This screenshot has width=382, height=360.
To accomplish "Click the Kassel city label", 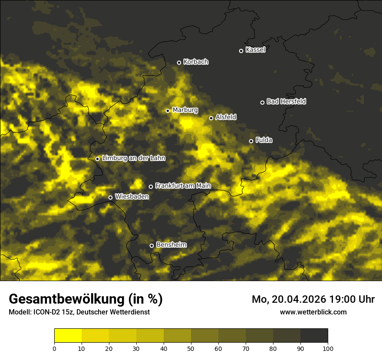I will point(255,50).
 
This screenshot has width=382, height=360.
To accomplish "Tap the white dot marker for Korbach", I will point(179,62).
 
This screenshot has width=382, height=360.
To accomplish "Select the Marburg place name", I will point(185,110).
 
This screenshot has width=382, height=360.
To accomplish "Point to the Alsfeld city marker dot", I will point(211,118).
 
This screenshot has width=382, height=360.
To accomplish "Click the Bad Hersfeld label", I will point(286,101).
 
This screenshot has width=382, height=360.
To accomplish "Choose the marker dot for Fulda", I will point(251,141).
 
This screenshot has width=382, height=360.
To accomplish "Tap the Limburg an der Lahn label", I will point(133,158).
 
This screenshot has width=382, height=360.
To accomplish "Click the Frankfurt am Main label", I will point(183,186).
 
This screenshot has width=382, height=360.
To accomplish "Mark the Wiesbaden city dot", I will point(110,197).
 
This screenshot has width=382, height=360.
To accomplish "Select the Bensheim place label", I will point(171,245).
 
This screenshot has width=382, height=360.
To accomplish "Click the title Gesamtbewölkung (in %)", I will point(86,299).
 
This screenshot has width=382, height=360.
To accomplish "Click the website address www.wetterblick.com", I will point(313,312).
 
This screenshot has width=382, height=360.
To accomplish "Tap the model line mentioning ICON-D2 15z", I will point(79,312).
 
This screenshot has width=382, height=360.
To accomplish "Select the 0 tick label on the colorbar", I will point(54,348).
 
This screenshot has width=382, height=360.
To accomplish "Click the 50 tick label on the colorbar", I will point(191,348).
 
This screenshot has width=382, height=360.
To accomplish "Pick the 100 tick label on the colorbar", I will point(328,348).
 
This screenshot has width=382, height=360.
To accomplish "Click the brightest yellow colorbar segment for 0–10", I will point(68,336).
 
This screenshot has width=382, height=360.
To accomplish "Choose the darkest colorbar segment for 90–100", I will point(314,336).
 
